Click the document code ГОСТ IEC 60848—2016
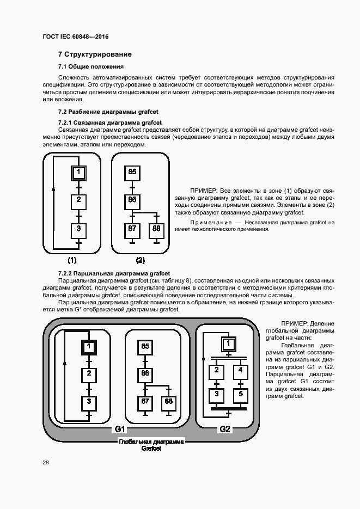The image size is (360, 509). (x=75, y=36)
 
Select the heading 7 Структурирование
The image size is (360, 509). (x=95, y=54)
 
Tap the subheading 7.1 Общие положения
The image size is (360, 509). (x=90, y=66)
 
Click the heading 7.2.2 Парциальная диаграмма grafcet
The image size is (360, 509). (x=114, y=273)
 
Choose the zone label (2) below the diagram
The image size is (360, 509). (x=140, y=260)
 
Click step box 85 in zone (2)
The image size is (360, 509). (x=132, y=172)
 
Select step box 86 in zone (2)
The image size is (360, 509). (x=132, y=200)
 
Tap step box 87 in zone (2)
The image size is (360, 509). (x=132, y=229)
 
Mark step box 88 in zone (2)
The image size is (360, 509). (x=156, y=229)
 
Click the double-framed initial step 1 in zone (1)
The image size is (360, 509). (x=78, y=173)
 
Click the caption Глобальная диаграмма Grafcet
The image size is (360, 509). (x=151, y=445)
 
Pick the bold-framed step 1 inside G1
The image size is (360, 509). (x=89, y=346)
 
